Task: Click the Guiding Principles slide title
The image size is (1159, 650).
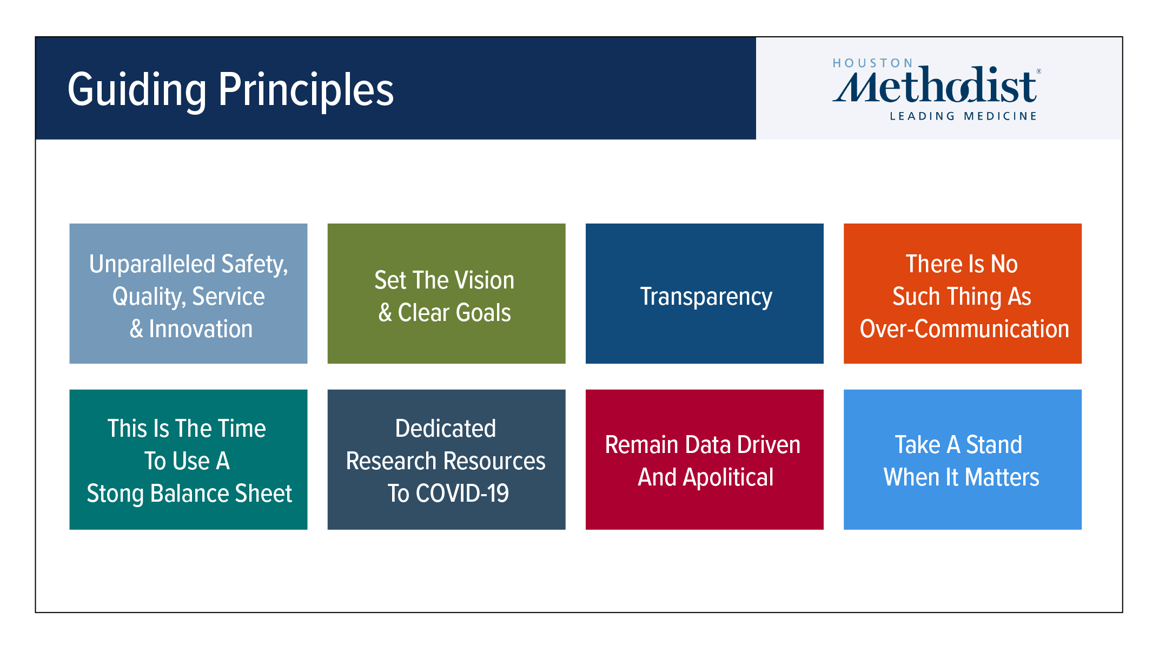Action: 231,90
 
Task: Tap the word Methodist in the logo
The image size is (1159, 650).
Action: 935,85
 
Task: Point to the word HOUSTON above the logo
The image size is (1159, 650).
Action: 872,63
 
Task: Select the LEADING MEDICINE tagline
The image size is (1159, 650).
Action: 963,116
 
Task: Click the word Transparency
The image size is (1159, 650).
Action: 706,297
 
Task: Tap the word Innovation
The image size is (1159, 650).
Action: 201,329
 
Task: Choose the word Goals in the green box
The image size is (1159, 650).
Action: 481,313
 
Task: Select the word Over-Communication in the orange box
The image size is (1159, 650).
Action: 964,329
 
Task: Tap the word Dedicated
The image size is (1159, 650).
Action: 446,429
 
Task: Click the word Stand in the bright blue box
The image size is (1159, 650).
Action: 994,445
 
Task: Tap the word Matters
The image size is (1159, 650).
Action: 1002,477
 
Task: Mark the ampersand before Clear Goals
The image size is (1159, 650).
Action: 385,313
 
